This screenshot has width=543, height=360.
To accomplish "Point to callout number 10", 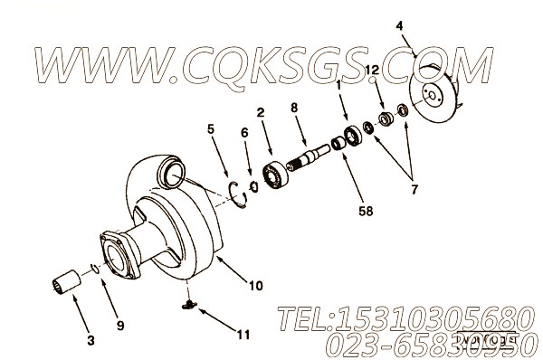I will [256, 285].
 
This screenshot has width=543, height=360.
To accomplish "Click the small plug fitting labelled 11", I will [186, 308].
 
